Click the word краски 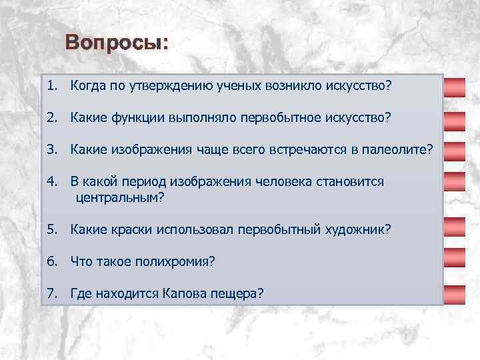tap(131, 229)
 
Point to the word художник tap(360, 229)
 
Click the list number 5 tap(51, 229)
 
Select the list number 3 tap(51, 150)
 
